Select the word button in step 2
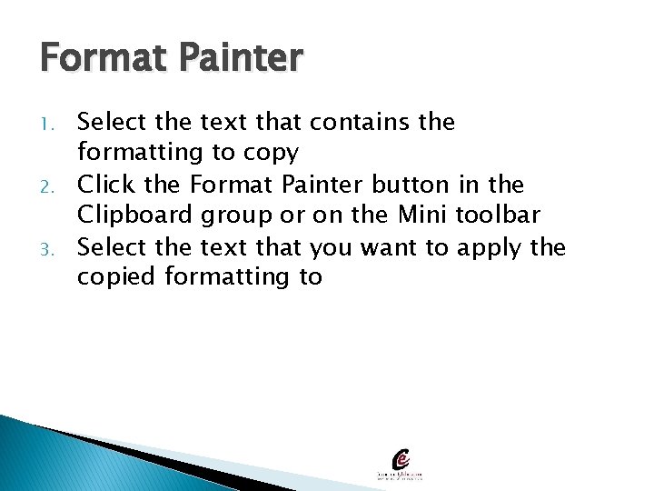click(x=410, y=185)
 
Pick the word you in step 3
click(x=332, y=248)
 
